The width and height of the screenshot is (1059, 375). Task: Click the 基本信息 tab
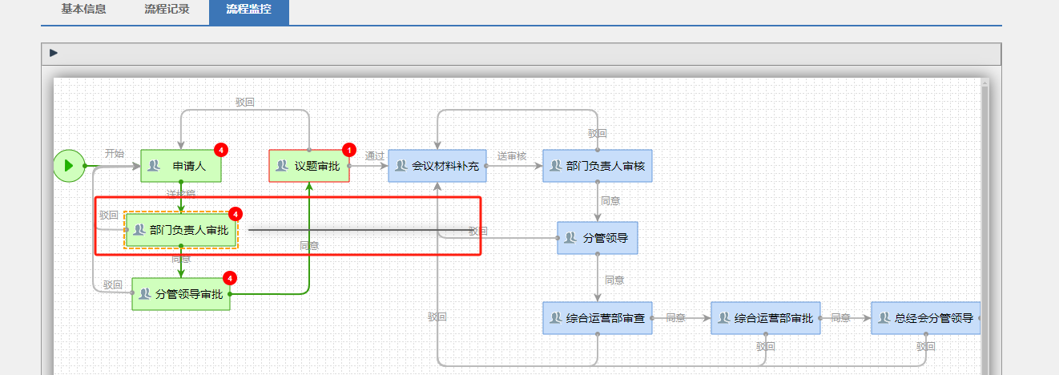click(83, 10)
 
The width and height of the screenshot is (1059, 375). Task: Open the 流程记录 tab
click(167, 10)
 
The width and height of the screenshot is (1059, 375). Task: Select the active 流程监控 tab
click(248, 10)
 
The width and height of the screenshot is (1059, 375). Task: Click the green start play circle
click(69, 166)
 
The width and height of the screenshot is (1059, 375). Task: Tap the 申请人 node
click(180, 166)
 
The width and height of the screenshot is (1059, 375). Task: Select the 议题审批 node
click(308, 166)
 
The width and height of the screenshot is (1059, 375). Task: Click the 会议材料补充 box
click(437, 166)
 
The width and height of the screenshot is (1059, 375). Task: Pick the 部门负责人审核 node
click(597, 166)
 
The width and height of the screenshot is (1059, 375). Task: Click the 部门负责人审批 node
click(181, 230)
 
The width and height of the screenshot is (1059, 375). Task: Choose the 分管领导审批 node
click(180, 294)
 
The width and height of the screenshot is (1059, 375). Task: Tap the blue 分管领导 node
click(597, 238)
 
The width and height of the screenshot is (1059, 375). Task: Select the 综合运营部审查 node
click(597, 318)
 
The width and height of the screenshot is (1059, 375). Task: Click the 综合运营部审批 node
click(765, 318)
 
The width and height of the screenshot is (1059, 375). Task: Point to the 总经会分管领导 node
click(925, 318)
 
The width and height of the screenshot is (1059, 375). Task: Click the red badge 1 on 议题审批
click(348, 150)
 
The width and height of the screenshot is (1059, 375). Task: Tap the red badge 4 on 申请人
click(221, 150)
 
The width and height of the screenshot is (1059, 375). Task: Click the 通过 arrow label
click(375, 156)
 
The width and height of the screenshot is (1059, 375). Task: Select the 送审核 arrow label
click(511, 156)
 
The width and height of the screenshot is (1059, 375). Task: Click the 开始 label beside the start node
click(115, 153)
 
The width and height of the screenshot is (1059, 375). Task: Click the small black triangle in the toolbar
click(54, 53)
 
